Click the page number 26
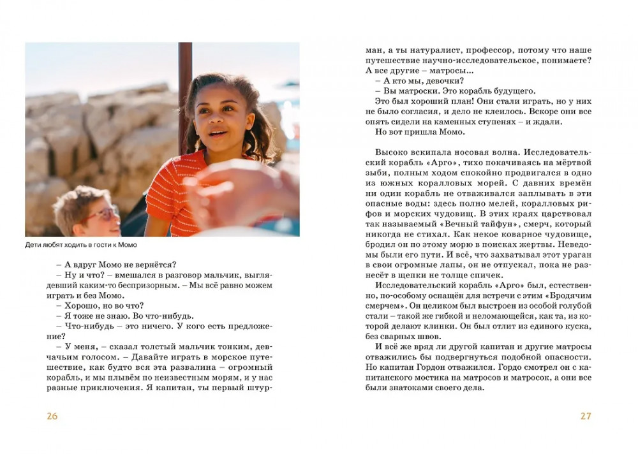pos(52,416)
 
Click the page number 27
pos(586,416)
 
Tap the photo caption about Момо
pos(81,245)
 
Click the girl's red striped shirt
pos(172,198)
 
